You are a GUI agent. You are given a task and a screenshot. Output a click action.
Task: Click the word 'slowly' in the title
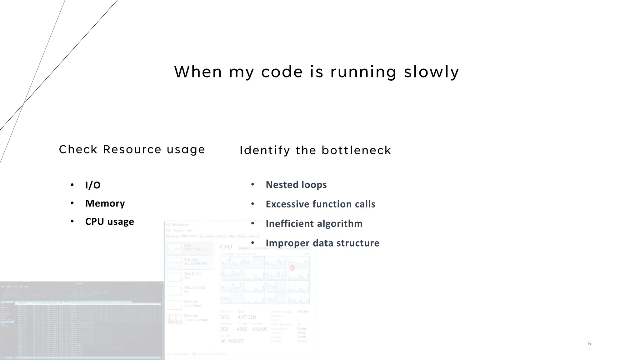431,72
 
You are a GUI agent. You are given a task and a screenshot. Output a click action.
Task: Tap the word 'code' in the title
282,72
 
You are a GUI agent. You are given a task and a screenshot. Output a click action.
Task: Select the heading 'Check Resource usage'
132,149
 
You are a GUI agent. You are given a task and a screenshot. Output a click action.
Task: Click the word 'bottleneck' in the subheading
356,150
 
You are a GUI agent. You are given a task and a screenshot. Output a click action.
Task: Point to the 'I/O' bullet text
93,185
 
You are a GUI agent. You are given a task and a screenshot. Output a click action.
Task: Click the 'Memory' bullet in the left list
105,203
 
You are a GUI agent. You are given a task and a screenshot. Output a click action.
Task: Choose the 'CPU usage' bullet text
109,222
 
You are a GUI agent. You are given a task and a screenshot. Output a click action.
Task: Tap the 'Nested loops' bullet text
296,185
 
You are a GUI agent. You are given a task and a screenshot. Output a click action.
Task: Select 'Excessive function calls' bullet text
320,204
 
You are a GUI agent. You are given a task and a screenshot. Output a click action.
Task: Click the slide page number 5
589,344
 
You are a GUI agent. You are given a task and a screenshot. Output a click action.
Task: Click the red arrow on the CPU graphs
292,267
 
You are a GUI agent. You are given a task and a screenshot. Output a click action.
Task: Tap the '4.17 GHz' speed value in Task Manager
247,317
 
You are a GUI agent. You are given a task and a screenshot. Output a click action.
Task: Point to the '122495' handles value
260,329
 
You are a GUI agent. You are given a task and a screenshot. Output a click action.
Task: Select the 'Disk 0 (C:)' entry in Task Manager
192,274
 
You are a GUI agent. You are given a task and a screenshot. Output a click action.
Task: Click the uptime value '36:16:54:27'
232,341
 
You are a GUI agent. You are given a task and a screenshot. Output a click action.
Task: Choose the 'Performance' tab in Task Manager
189,236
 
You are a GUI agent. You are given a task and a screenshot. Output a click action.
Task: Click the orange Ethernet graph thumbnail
175,319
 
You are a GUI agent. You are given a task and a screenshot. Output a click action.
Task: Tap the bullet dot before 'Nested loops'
252,185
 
